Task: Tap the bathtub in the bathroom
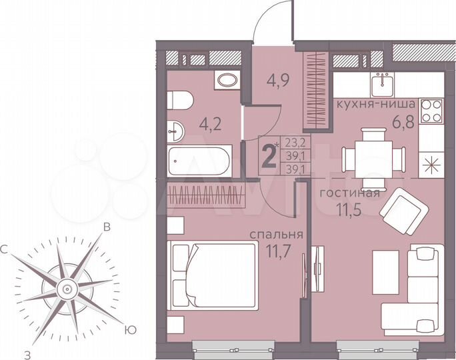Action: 199,160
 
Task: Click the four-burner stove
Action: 431,111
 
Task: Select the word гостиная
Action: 349,194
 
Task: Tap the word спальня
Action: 277,235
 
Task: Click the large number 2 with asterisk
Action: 270,157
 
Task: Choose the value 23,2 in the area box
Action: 293,141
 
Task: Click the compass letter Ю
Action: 132,329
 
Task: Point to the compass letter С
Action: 5,249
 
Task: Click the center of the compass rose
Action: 67,289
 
